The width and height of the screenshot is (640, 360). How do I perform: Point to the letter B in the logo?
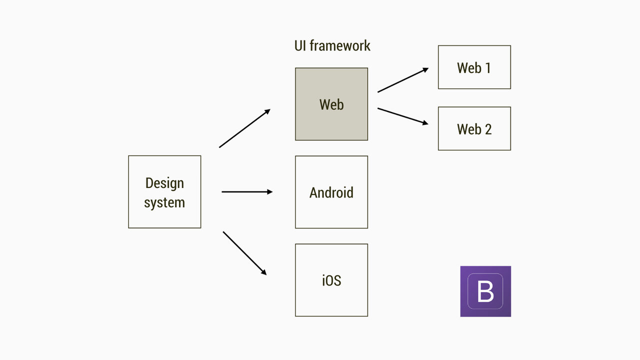485,291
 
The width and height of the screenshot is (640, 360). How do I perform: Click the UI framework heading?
332,45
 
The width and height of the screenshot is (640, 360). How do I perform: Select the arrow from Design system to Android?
247,191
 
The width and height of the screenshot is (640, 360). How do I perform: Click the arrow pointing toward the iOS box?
244,253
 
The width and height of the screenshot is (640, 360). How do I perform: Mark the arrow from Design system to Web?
244,128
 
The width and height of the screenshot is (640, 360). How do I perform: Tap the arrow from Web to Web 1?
402,80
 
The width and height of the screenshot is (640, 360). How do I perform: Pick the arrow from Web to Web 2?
402,116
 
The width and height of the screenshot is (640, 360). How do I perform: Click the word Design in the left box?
164,183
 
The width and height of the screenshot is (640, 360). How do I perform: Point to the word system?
164,202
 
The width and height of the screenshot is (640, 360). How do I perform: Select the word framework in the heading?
340,45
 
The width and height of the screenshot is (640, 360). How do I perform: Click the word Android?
331,192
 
